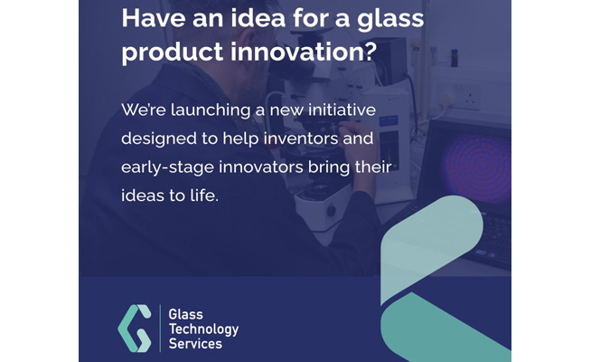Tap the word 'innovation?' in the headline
tap(304, 52)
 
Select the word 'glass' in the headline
tap(390, 20)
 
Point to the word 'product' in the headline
tap(173, 52)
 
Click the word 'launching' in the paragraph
tap(211, 110)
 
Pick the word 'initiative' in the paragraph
tap(342, 110)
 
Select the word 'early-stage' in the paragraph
tap(167, 167)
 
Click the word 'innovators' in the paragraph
tap(261, 167)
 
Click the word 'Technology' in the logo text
tap(203, 329)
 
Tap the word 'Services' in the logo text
tap(195, 344)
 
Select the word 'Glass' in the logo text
tap(185, 314)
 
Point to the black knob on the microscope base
tap(331, 210)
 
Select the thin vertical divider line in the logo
tap(161, 329)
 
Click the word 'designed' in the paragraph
tap(159, 138)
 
